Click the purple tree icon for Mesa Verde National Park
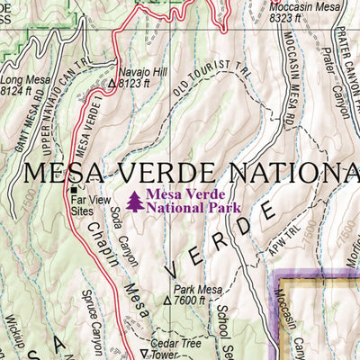(135, 201)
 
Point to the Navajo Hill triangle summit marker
(112, 83)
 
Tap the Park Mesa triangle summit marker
(167, 301)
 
